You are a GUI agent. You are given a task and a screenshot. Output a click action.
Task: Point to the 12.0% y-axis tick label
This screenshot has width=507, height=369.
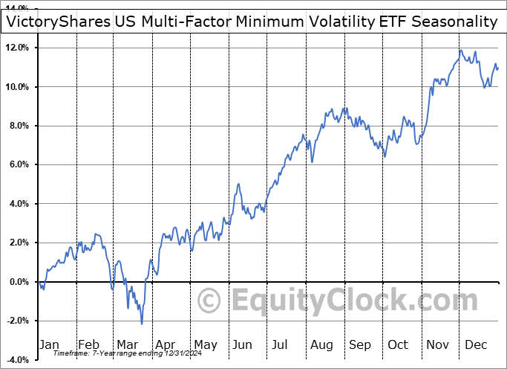tap(16, 48)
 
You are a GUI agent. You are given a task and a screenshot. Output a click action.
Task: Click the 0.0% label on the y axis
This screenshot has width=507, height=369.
tap(19, 282)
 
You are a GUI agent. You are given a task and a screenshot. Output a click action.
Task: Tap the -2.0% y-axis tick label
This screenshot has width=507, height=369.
tap(16, 321)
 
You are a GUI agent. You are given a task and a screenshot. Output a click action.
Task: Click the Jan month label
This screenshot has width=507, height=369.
tap(49, 344)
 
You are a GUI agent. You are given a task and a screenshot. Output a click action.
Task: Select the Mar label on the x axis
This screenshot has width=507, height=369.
tap(128, 344)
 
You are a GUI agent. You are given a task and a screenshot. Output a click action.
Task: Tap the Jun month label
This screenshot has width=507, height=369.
tap(243, 344)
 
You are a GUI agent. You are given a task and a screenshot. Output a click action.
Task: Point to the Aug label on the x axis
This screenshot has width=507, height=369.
tap(321, 344)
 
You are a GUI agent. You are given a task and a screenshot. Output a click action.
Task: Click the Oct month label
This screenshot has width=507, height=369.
tap(399, 344)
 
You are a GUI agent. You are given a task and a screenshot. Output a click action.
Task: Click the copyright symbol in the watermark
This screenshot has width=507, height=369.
tap(211, 301)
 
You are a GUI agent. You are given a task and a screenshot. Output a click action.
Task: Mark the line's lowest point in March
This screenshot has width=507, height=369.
tap(142, 324)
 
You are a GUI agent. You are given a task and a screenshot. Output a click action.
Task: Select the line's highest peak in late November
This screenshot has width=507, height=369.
tap(461, 51)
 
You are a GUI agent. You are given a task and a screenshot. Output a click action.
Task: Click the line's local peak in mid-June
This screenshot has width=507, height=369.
tap(238, 184)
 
